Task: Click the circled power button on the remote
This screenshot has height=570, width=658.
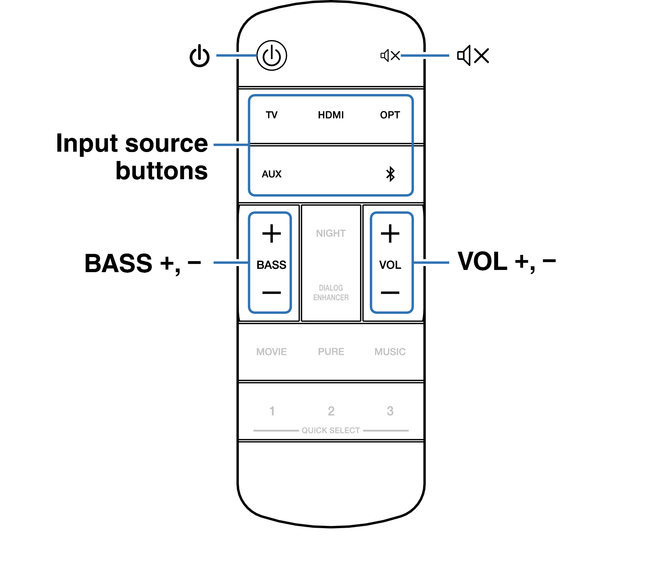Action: [x=272, y=55]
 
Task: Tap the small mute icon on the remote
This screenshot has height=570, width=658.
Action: [x=390, y=55]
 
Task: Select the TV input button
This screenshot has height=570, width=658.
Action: [x=272, y=115]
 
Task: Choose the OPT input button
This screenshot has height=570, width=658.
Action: [x=390, y=115]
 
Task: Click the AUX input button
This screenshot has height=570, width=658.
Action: [x=272, y=174]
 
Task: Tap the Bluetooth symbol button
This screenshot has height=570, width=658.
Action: [x=390, y=174]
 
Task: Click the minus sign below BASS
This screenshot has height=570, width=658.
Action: [x=272, y=293]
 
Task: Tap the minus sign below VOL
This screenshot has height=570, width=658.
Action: [x=390, y=293]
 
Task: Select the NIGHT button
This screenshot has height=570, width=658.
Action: [x=331, y=233]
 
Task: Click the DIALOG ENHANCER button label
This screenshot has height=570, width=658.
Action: [x=331, y=293]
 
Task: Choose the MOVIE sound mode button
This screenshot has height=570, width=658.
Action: [x=272, y=352]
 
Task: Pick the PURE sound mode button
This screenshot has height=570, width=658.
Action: [x=331, y=352]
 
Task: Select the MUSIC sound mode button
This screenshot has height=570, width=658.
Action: [x=390, y=352]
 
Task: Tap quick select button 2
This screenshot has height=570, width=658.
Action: [x=331, y=411]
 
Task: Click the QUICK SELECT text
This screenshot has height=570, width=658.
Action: [x=331, y=430]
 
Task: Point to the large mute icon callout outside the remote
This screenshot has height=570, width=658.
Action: [x=473, y=56]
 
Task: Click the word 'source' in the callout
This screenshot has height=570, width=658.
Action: [x=167, y=144]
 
